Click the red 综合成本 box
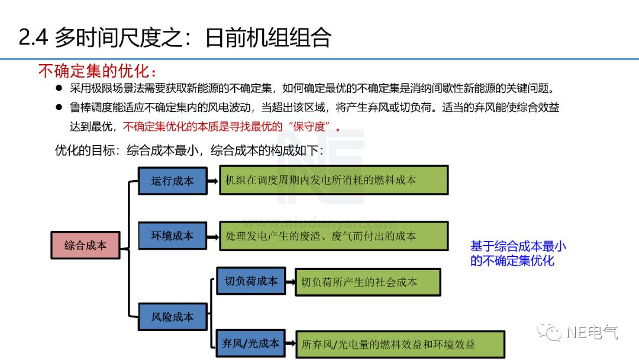coord(85,245)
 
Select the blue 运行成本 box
coord(172,181)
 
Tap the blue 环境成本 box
coord(172,236)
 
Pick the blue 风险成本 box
coord(172,317)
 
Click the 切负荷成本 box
coord(251,281)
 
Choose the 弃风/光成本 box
coord(250,342)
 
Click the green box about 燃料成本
coord(334,181)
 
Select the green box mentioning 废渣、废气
coord(334,236)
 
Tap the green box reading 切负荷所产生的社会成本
coord(367,282)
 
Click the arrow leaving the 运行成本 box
coord(213,181)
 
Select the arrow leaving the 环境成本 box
coord(213,236)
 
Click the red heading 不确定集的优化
coord(98,71)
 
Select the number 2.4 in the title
coord(33,38)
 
